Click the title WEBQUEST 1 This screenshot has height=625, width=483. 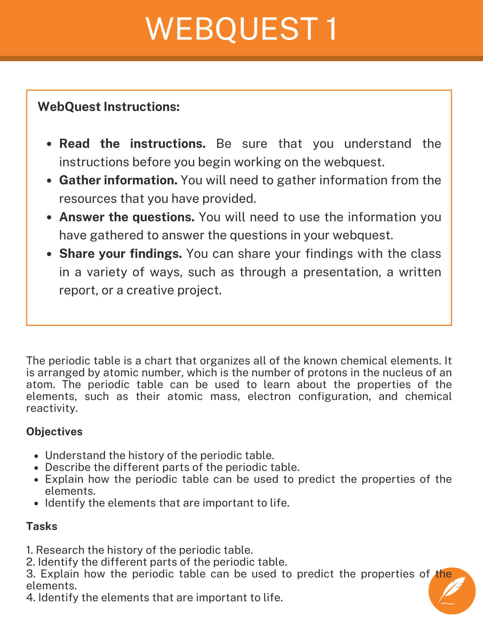pyautogui.click(x=241, y=29)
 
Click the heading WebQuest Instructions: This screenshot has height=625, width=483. pyautogui.click(x=108, y=107)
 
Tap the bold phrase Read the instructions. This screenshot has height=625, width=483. pyautogui.click(x=132, y=144)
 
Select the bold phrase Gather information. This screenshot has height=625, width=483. pyautogui.click(x=118, y=180)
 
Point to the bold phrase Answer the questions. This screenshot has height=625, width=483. pyautogui.click(x=127, y=217)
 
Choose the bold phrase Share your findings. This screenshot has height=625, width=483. pyautogui.click(x=121, y=253)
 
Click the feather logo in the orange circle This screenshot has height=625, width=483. pyautogui.click(x=452, y=591)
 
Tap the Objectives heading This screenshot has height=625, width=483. pyautogui.click(x=54, y=432)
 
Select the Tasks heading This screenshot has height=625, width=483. pyautogui.click(x=42, y=526)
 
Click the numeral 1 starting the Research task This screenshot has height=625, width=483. pyautogui.click(x=29, y=550)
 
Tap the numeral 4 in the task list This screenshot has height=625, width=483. pyautogui.click(x=30, y=597)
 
